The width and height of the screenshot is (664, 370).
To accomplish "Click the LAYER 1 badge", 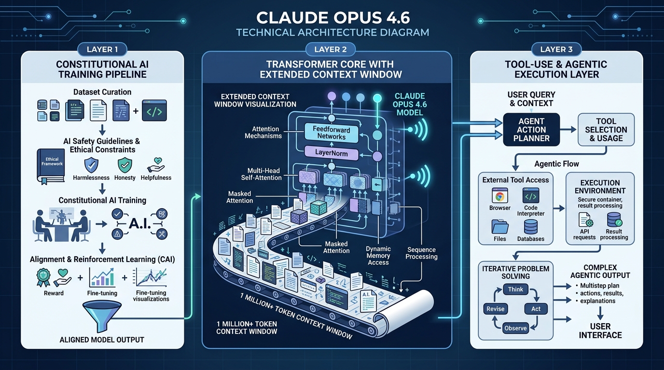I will [102, 49].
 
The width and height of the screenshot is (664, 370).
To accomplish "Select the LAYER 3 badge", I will [556, 49].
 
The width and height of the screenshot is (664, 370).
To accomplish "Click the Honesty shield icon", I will [125, 165].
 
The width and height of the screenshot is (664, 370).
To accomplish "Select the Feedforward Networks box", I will [331, 133].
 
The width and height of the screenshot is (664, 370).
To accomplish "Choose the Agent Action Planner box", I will [531, 130].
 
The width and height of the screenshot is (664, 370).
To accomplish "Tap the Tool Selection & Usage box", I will [606, 130].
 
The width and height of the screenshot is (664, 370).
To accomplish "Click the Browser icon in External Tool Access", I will [499, 196].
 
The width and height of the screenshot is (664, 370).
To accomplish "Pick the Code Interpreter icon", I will [531, 196].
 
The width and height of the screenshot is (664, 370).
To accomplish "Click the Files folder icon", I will [499, 226].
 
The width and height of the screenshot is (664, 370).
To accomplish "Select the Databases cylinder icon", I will [531, 227].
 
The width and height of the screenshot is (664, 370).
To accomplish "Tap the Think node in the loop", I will [515, 290].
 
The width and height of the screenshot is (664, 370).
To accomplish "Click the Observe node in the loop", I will [515, 328].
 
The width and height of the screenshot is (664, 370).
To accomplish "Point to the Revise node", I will [495, 309].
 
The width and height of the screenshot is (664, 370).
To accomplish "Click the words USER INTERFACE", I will [600, 330].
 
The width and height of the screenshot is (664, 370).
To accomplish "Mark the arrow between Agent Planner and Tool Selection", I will [569, 130].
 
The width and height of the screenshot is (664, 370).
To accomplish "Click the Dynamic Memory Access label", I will [378, 256].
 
